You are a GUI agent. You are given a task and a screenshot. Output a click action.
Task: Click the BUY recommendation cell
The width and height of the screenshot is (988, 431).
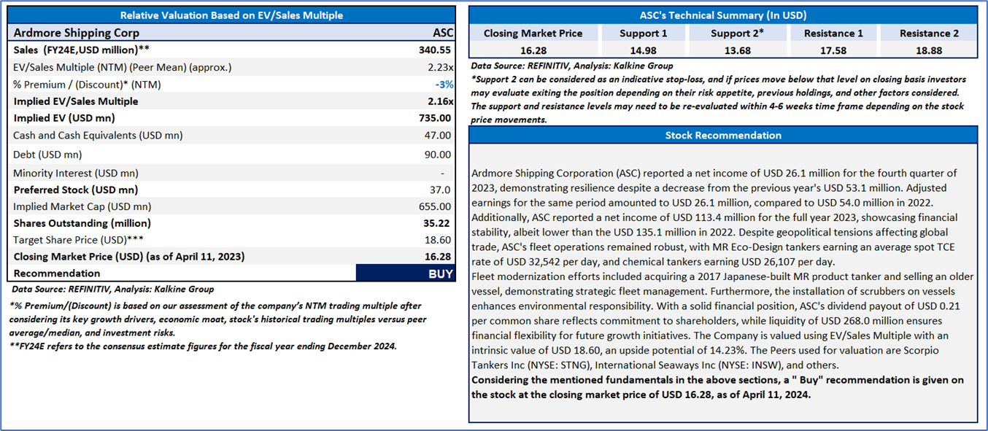pos(405,273)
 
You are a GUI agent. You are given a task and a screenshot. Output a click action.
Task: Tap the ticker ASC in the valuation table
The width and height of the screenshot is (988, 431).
pos(442,33)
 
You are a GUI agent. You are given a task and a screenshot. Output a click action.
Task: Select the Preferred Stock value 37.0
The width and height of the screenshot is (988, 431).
pos(441,190)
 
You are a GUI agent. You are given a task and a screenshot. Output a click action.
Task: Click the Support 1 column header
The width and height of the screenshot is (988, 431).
pos(643,34)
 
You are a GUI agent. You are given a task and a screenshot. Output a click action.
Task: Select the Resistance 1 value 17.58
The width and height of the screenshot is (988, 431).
pos(833,50)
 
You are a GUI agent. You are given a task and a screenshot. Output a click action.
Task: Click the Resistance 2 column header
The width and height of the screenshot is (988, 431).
pos(929,34)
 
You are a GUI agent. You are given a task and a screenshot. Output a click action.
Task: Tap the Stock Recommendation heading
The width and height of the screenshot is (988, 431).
pos(722,136)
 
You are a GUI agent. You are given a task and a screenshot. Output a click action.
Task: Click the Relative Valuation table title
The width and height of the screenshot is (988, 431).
pos(231,15)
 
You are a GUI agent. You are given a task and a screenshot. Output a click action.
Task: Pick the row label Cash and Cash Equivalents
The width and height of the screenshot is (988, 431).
pos(98,136)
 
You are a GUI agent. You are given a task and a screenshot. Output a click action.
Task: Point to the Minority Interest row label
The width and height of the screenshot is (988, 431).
pos(76,173)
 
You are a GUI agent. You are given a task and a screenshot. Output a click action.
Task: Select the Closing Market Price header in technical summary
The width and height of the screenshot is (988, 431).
pos(533,34)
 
